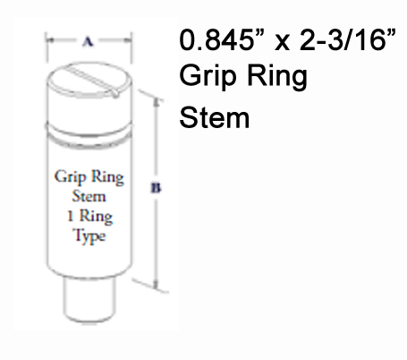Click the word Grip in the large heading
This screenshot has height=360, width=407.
tap(205, 79)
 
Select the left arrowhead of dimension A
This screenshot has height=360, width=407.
tap(49, 39)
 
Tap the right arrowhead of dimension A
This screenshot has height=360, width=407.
tap(131, 39)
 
